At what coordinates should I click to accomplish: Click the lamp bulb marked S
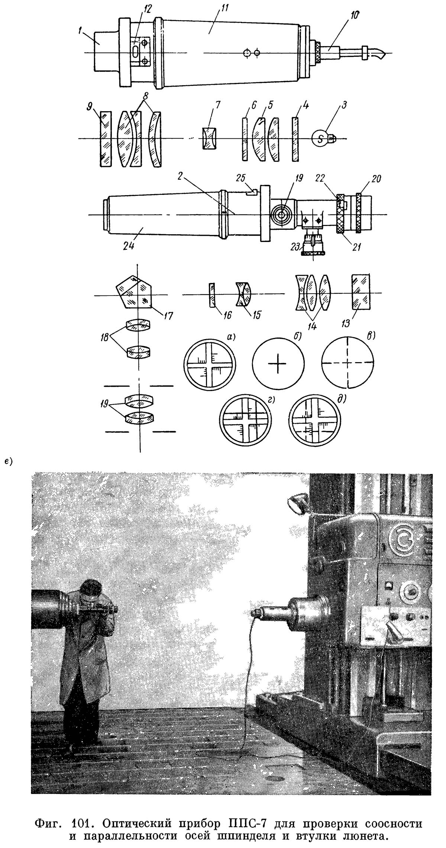click(x=321, y=139)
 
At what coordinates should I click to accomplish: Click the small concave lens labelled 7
click(x=210, y=138)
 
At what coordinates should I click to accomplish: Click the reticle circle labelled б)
click(x=278, y=362)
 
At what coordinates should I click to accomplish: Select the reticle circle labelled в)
click(x=348, y=362)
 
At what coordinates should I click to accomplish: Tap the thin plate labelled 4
click(x=295, y=139)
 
